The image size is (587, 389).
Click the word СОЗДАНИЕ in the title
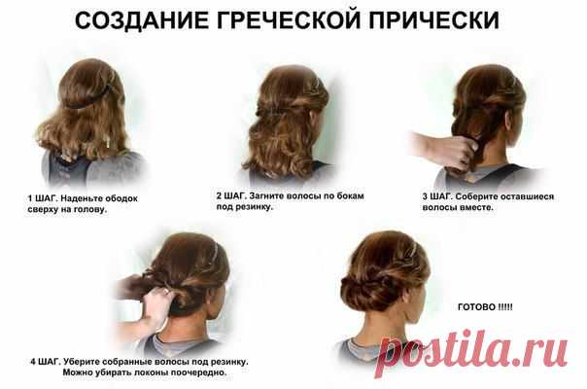pos(142,19)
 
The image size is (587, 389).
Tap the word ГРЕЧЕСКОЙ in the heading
pos(289,19)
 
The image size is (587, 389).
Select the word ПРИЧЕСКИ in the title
pos(433,19)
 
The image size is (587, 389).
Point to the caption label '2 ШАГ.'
pos(231,195)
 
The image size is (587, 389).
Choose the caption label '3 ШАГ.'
pos(437,196)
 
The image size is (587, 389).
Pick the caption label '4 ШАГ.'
pos(46,362)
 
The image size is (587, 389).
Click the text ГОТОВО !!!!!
pos(485,307)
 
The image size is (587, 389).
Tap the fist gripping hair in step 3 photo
pos(459,153)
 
